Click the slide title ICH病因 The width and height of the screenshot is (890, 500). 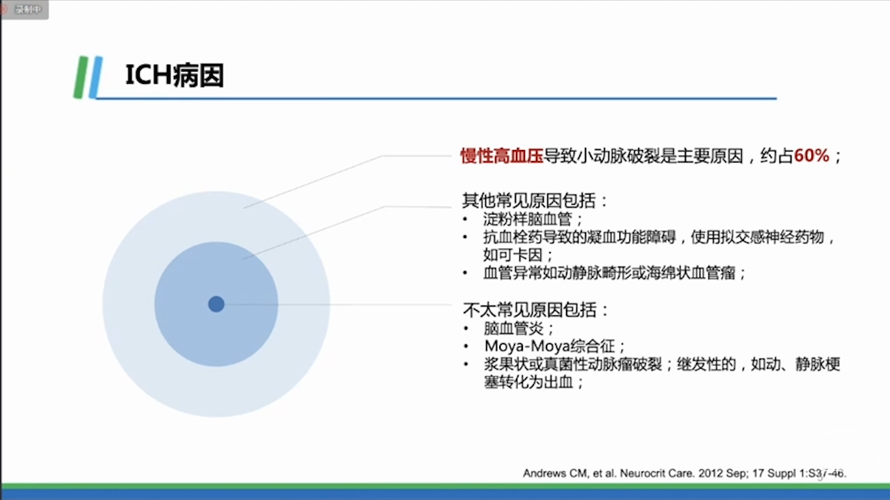pos(175,76)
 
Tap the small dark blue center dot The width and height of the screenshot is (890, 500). pos(216,304)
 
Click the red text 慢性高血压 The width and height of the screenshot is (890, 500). pos(502,156)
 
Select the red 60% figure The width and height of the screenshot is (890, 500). pos(811,155)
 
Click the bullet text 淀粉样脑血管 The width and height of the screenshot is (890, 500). pos(527,219)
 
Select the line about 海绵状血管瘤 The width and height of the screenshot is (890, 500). pos(614,273)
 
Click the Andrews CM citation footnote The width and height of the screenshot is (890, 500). pos(685,473)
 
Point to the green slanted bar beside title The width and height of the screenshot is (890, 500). pos(81,77)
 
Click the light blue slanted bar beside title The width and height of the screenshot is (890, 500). pos(96,77)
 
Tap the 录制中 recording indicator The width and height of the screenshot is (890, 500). pos(24,9)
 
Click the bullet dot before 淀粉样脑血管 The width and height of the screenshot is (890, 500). pos(465,219)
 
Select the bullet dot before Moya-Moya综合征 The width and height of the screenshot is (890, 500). pos(466,347)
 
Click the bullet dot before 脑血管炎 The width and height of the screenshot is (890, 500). pos(466,328)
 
